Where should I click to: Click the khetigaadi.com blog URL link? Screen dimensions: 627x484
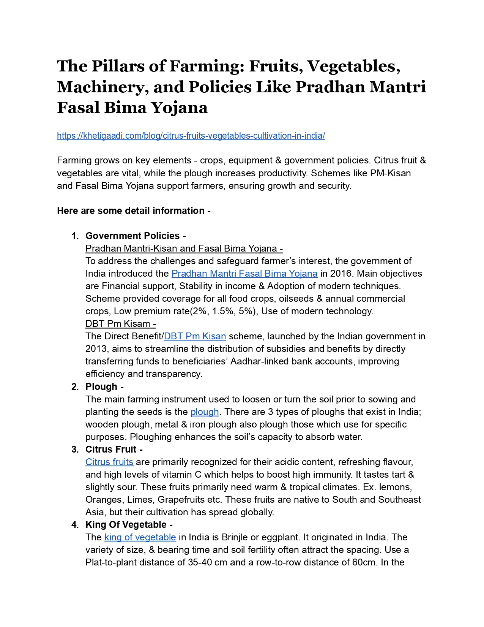191,136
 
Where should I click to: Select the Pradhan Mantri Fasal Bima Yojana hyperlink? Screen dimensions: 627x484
244,274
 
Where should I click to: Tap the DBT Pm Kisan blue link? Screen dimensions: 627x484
195,336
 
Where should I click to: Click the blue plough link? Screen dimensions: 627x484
205,412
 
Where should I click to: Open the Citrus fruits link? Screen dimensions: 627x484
109,462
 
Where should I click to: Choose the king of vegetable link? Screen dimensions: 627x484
140,537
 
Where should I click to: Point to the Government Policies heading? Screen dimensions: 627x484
135,236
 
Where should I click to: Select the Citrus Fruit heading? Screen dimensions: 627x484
114,450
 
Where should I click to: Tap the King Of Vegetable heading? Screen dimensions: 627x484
129,525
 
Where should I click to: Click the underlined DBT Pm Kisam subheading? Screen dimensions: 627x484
120,324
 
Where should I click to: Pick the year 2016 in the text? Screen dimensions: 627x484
341,274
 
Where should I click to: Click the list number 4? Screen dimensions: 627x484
75,525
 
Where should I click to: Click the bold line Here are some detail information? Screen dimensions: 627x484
134,211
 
